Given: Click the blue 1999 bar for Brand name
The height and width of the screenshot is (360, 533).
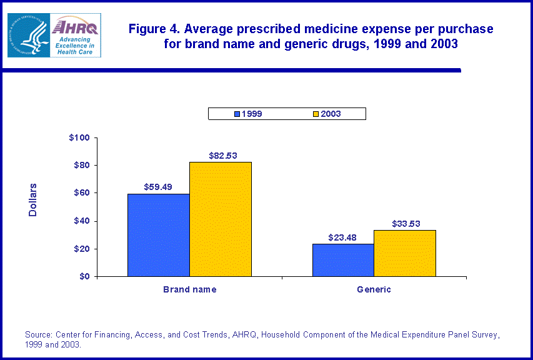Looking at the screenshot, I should (158, 235).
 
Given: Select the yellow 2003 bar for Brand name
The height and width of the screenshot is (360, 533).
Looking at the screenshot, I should (221, 219).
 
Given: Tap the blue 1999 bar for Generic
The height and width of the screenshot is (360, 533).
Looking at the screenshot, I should (342, 260).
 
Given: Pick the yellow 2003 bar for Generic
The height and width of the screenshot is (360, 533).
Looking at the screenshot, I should (405, 253).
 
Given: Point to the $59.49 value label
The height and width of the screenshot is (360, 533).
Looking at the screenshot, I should (159, 187).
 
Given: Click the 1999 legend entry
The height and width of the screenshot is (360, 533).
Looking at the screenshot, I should (248, 114).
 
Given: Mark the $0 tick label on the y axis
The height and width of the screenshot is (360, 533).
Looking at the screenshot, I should (84, 276).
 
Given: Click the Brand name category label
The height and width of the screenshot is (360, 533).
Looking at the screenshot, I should (189, 289).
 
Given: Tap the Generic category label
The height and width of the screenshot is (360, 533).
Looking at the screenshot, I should (374, 289).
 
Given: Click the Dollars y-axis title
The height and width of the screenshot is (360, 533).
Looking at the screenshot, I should (33, 201).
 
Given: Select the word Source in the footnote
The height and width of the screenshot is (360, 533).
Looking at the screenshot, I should (38, 335).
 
